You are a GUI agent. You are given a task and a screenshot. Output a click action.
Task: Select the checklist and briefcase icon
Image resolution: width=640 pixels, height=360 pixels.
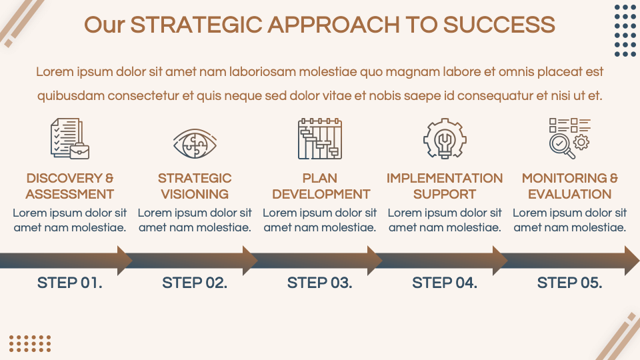tap(69, 139)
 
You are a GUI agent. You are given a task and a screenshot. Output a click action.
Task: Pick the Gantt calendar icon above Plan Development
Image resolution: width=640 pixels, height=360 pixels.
tap(320, 139)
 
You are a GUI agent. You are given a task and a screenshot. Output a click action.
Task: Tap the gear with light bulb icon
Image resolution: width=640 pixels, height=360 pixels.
tap(444, 139)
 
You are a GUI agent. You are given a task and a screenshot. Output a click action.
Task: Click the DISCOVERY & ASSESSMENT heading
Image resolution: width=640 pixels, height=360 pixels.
tap(70, 186)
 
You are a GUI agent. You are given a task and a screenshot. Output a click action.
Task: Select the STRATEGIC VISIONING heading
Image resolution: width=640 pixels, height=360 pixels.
tap(195, 186)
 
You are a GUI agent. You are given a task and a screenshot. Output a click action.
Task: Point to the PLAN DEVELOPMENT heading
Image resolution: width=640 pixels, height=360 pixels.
tap(321, 186)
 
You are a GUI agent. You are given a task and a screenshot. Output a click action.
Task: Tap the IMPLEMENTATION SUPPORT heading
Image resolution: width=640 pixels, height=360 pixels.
tap(445, 186)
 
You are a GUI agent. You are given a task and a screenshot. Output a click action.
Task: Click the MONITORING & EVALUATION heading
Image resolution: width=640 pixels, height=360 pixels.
tap(570, 186)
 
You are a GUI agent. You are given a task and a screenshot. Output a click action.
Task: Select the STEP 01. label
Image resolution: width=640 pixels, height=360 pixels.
tap(70, 283)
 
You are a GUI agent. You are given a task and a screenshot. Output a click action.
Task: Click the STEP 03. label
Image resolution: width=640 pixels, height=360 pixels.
tap(320, 283)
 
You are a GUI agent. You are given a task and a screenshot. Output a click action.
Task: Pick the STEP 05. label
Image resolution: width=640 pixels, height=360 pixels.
tap(570, 283)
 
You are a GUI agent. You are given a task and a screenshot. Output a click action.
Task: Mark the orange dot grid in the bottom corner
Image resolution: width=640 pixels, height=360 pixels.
tap(30, 343)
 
